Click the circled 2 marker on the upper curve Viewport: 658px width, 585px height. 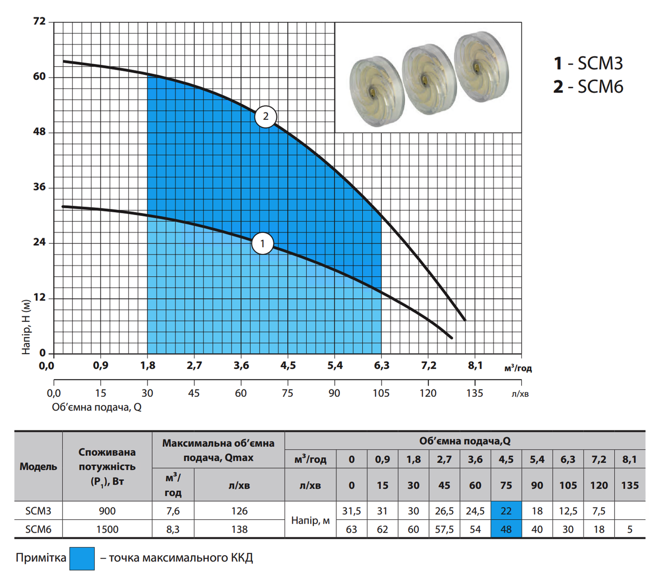266,117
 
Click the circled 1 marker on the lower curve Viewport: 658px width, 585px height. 262,243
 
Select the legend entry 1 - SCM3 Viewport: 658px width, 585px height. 588,63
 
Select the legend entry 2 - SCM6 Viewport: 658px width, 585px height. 588,87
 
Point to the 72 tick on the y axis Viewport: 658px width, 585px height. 39,21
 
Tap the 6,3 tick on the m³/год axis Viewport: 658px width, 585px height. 381,366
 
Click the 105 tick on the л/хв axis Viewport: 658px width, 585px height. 381,393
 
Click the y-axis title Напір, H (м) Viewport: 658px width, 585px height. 26,327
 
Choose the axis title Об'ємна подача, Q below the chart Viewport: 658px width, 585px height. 97,407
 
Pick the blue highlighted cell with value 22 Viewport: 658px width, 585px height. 506,511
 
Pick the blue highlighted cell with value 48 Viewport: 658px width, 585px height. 506,529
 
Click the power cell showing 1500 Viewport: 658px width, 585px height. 107,529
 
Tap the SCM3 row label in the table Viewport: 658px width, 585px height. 38,511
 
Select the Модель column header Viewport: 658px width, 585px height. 38,467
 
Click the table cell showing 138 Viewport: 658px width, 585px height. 240,529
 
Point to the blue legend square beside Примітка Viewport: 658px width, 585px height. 82,559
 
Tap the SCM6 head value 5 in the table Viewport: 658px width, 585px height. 630,529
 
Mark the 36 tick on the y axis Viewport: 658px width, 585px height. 39,187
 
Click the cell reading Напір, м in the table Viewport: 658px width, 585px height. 311,521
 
